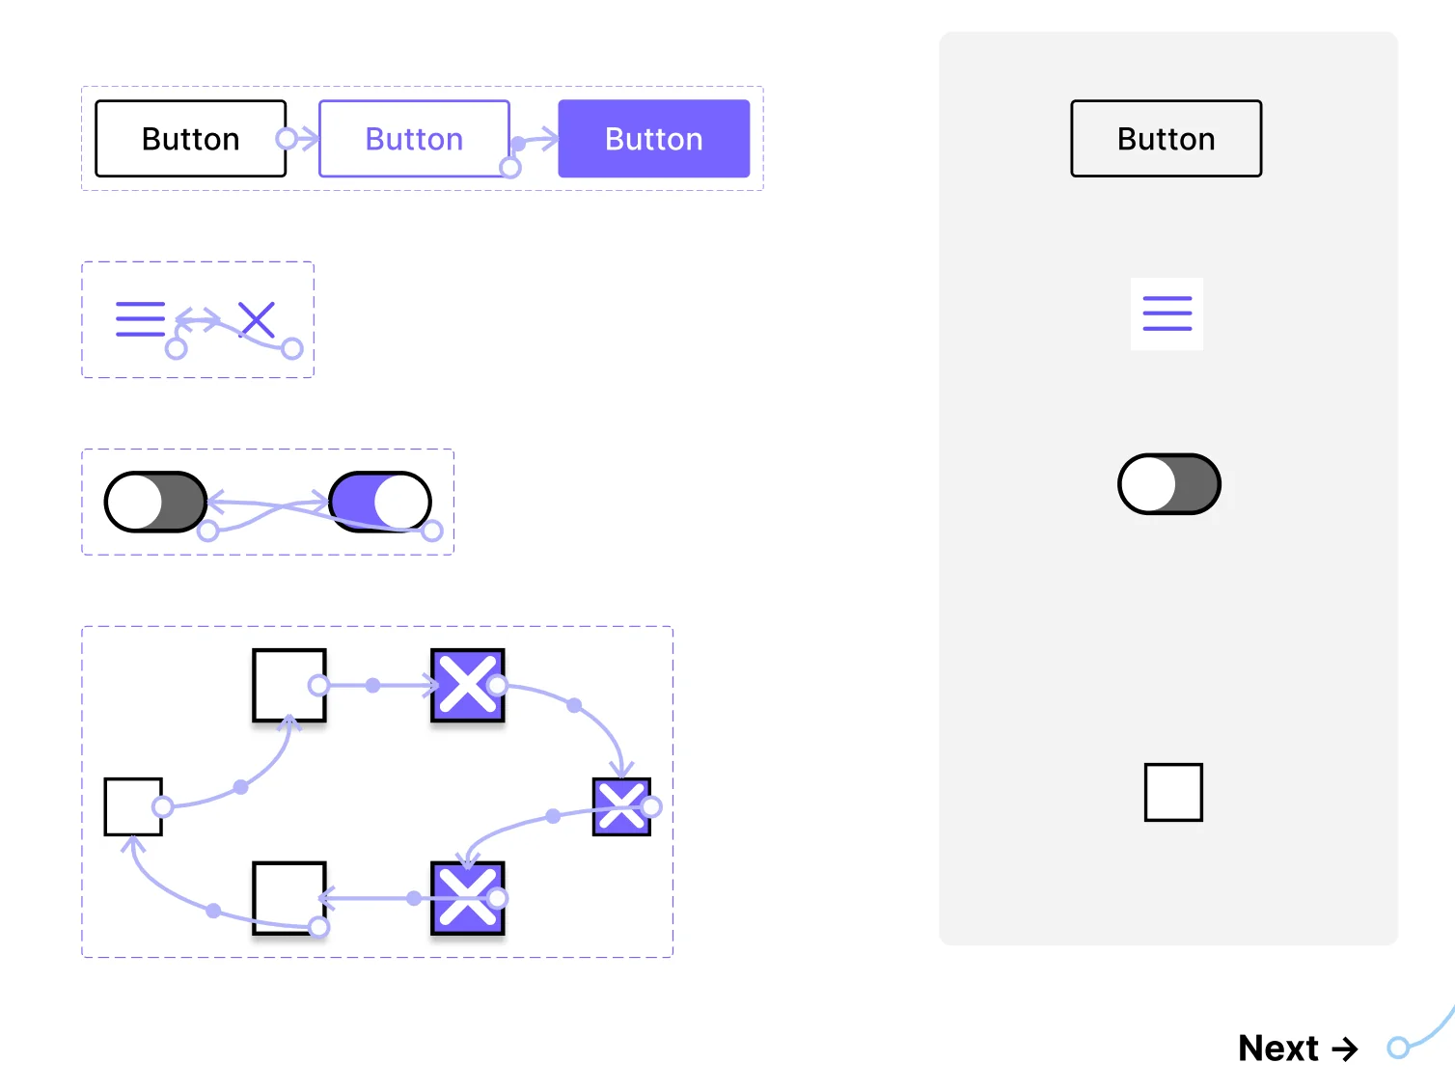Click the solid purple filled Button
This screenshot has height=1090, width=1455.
[653, 139]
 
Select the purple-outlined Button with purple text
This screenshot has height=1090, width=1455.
[414, 139]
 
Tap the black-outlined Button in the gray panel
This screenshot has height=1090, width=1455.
[1166, 139]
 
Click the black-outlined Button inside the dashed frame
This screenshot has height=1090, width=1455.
[191, 139]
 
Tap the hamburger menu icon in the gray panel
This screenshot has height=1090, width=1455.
[1167, 313]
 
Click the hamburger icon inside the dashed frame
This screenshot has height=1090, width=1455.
[140, 318]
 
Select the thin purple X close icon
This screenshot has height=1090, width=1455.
[257, 319]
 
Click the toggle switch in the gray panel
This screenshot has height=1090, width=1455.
[1168, 483]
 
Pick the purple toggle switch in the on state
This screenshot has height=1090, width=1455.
[380, 502]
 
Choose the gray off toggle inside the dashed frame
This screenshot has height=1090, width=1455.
[155, 502]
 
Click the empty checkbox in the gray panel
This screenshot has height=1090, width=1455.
[1173, 792]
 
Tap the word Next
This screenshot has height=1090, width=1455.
[1278, 1049]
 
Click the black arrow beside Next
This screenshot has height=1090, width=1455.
[1345, 1049]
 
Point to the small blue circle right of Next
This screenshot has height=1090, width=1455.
[1398, 1048]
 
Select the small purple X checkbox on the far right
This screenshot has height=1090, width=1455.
[621, 807]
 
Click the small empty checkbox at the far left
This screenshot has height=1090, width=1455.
[133, 807]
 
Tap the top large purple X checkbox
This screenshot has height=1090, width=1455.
[467, 685]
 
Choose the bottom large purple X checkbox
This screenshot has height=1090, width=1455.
[467, 898]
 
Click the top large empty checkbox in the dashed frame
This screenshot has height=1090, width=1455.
[289, 685]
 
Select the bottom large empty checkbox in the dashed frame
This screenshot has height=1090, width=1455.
[289, 898]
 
